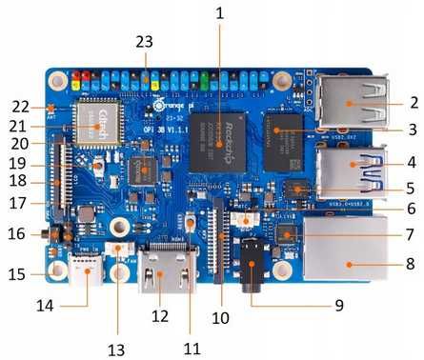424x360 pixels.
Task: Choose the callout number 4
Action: pyautogui.click(x=413, y=161)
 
